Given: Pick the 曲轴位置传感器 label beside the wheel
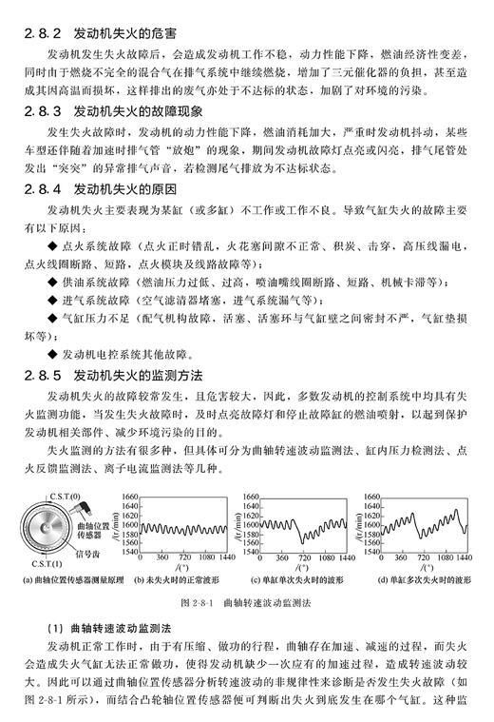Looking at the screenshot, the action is click(x=91, y=530).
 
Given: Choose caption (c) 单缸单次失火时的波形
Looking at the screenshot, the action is click(x=291, y=579).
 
